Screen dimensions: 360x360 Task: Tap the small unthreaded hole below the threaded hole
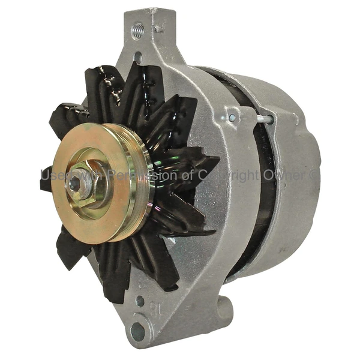tap(137, 56)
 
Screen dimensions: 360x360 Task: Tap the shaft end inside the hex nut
tap(76, 185)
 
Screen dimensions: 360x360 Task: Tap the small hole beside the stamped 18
tap(140, 302)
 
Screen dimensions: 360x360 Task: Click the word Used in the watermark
tap(53, 175)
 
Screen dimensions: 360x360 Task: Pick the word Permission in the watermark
tap(132, 175)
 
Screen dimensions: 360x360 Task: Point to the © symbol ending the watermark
tap(314, 175)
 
